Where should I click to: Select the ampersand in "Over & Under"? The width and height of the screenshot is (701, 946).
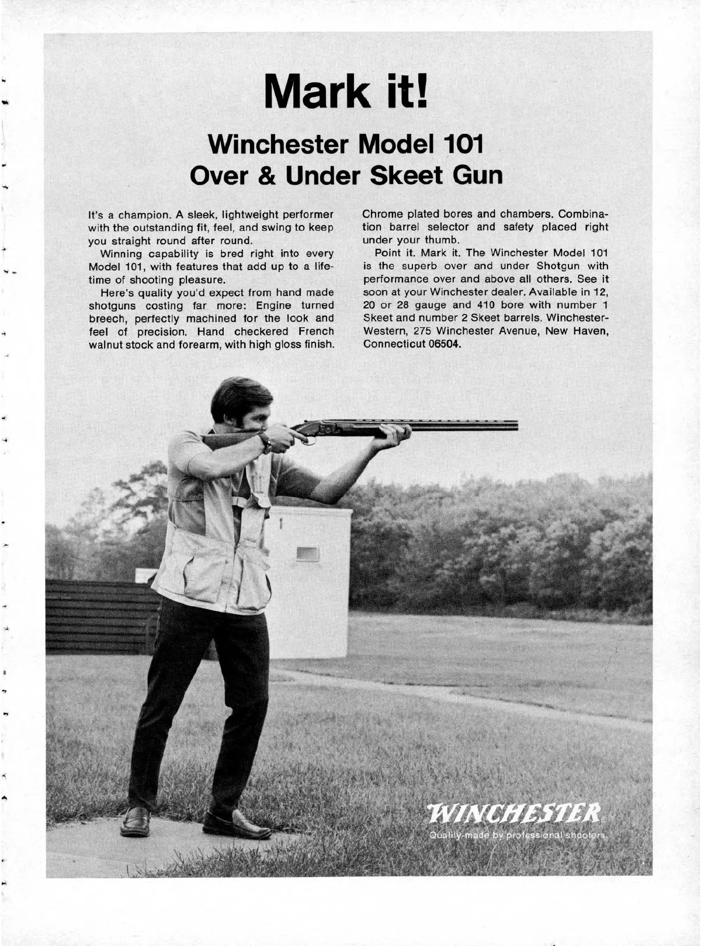tap(268, 175)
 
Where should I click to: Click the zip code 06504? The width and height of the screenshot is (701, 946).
tap(445, 344)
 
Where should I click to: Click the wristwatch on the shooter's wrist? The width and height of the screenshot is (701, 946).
tap(266, 442)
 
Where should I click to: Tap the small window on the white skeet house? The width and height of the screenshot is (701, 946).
tap(307, 553)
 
